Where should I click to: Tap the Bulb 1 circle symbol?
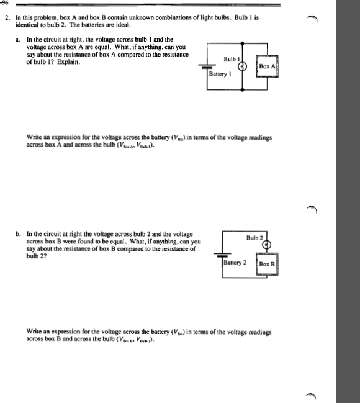pos(243,66)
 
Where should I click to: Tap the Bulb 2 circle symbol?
pos(267,244)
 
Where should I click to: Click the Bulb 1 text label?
pos(230,60)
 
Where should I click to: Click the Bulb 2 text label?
pos(255,238)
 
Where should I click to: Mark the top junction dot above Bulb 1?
pos(243,43)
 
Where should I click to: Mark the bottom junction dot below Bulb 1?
pos(243,89)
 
